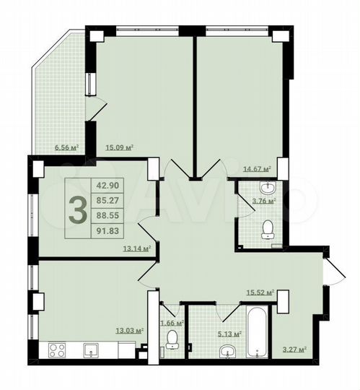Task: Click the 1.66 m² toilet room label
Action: [x=172, y=323]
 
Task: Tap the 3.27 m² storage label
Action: [x=294, y=350]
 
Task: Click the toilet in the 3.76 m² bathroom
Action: [x=268, y=230]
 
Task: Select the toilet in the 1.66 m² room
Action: [x=172, y=340]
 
